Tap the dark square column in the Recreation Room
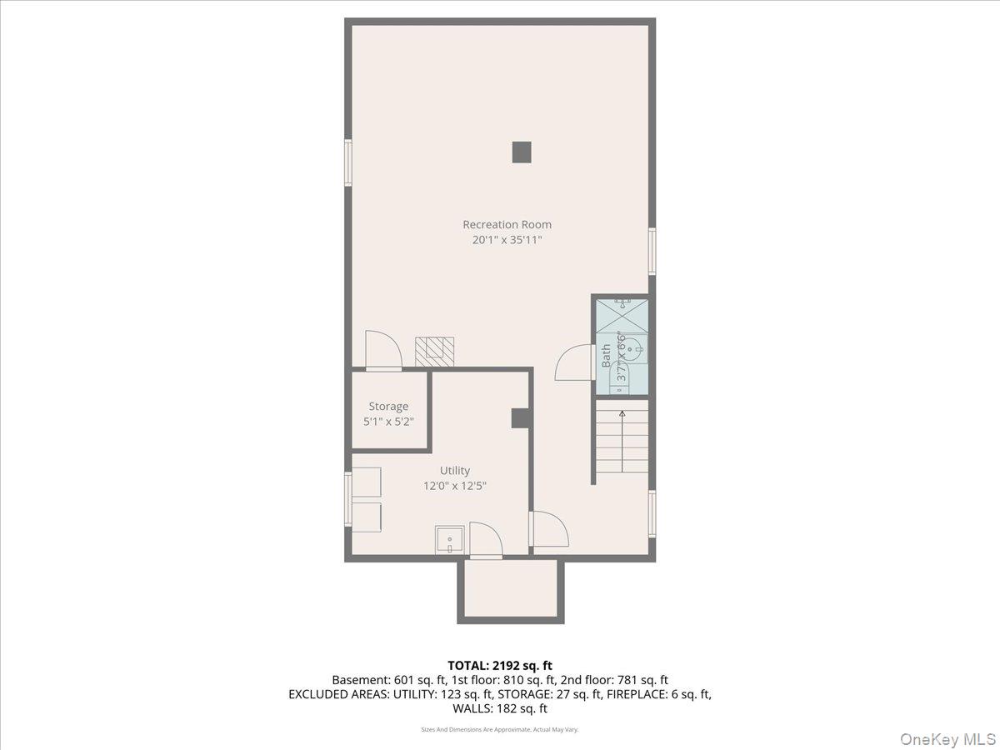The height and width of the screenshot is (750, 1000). tap(522, 152)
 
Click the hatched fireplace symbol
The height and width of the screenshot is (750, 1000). tap(436, 351)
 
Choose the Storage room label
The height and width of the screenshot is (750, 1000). tap(388, 407)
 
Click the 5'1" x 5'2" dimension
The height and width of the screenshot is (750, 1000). tap(388, 422)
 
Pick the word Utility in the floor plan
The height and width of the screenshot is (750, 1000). tap(455, 471)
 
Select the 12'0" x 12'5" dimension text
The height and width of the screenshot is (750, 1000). tap(455, 486)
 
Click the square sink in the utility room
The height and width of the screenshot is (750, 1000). tap(450, 541)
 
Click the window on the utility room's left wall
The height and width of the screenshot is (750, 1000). tap(348, 498)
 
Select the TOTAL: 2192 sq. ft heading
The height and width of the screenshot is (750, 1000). tap(500, 665)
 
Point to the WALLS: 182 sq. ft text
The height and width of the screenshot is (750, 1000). tap(500, 708)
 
